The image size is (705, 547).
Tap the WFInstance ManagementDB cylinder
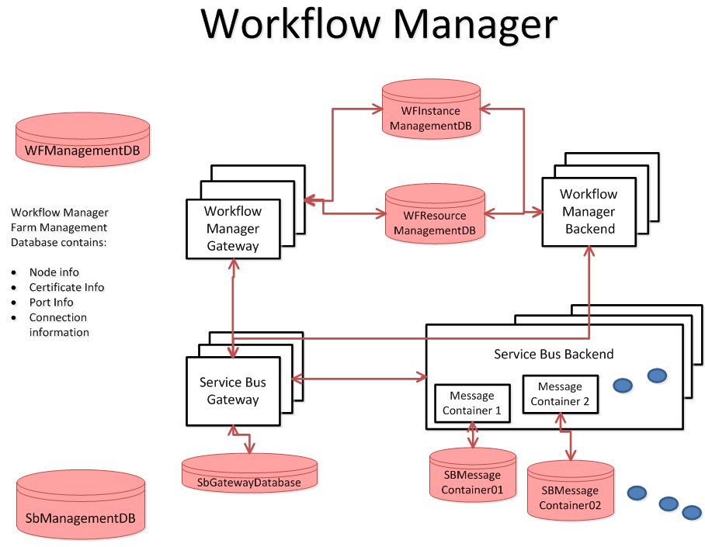coord(431,113)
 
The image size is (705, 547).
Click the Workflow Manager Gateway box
coord(232,229)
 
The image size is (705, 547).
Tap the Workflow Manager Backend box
coord(588,211)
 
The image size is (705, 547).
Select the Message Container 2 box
coord(559,394)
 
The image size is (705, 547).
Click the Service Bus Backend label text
coord(554,354)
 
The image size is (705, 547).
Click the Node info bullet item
coord(54,272)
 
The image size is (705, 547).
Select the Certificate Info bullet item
coord(66,287)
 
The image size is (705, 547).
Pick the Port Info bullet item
coord(51,303)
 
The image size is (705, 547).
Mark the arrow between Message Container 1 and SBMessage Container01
coord(472,435)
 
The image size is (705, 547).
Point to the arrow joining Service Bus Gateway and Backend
coord(358,379)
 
